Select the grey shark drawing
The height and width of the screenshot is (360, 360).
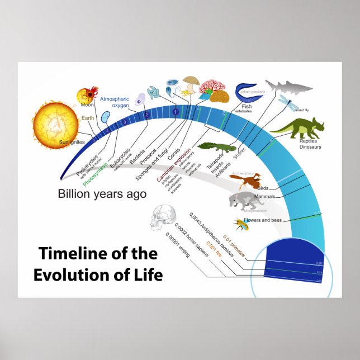[287, 86]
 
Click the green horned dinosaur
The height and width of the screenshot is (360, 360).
[297, 129]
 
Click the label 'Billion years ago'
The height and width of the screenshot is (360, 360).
[102, 195]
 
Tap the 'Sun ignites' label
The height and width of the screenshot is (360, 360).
[71, 143]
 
